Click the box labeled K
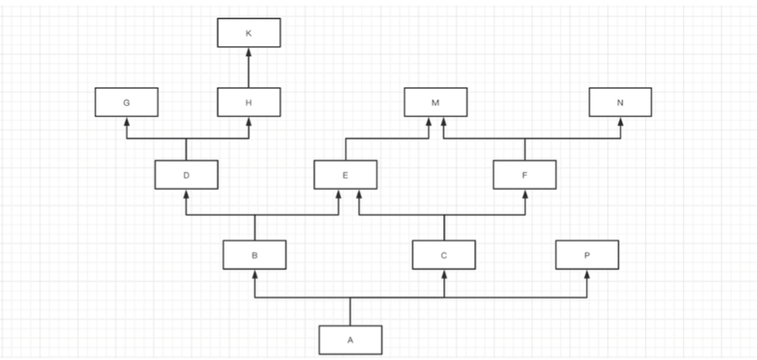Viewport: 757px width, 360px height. [x=248, y=33]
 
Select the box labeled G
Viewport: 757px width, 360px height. [x=126, y=102]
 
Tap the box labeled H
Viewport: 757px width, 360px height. [x=248, y=102]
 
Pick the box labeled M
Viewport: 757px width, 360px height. [x=435, y=102]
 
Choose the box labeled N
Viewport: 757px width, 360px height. [x=620, y=102]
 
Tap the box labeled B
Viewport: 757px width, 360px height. [x=254, y=254]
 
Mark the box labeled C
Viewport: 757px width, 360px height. [x=444, y=254]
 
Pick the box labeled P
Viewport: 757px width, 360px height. [x=586, y=254]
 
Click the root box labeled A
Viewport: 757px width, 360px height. [x=350, y=339]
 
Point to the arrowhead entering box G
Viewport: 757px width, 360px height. [x=126, y=121]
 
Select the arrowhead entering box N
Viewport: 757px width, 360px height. [x=620, y=121]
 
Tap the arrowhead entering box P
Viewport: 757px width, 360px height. [x=586, y=274]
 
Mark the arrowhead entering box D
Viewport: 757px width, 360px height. [x=187, y=193]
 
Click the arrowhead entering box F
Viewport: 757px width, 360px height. [x=525, y=193]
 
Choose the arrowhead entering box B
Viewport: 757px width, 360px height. [x=254, y=274]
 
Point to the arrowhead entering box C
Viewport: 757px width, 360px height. [x=444, y=274]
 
